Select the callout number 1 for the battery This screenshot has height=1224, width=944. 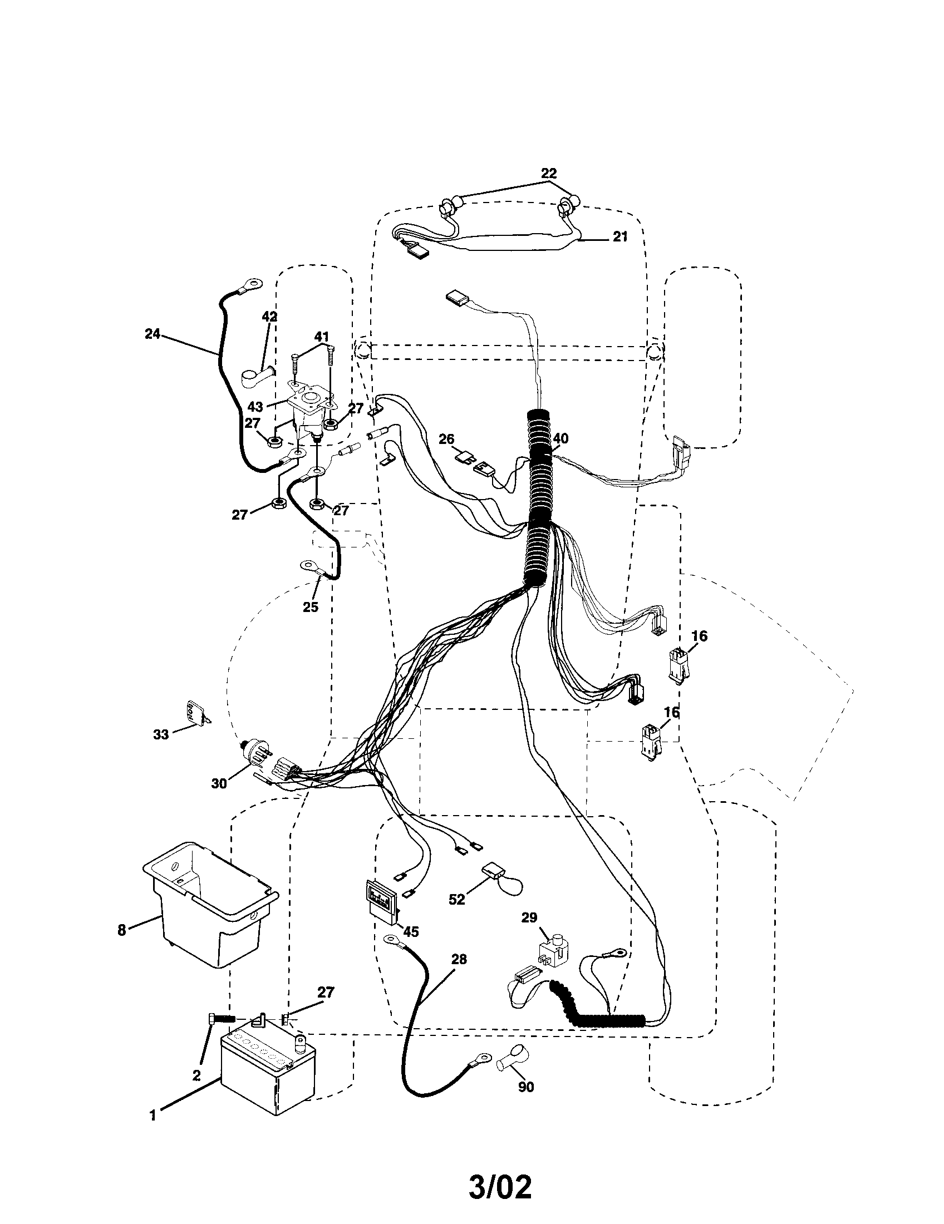click(x=153, y=1117)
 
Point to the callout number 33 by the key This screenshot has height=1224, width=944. click(x=161, y=734)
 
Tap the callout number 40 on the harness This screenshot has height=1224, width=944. click(x=560, y=438)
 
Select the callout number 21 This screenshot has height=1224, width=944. click(x=619, y=236)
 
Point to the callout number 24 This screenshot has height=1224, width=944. click(x=152, y=334)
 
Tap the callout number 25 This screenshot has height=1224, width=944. click(x=310, y=607)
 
